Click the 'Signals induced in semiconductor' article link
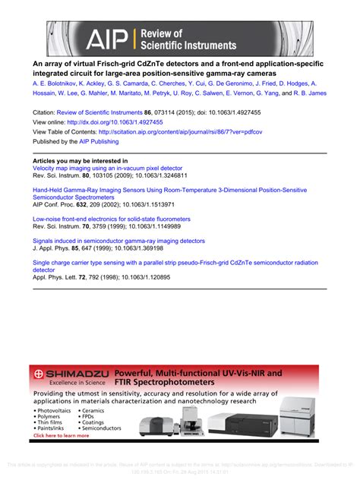pyautogui.click(x=118, y=241)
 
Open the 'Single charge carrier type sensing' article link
pyautogui.click(x=175, y=262)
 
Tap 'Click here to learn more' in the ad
pyautogui.click(x=61, y=436)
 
